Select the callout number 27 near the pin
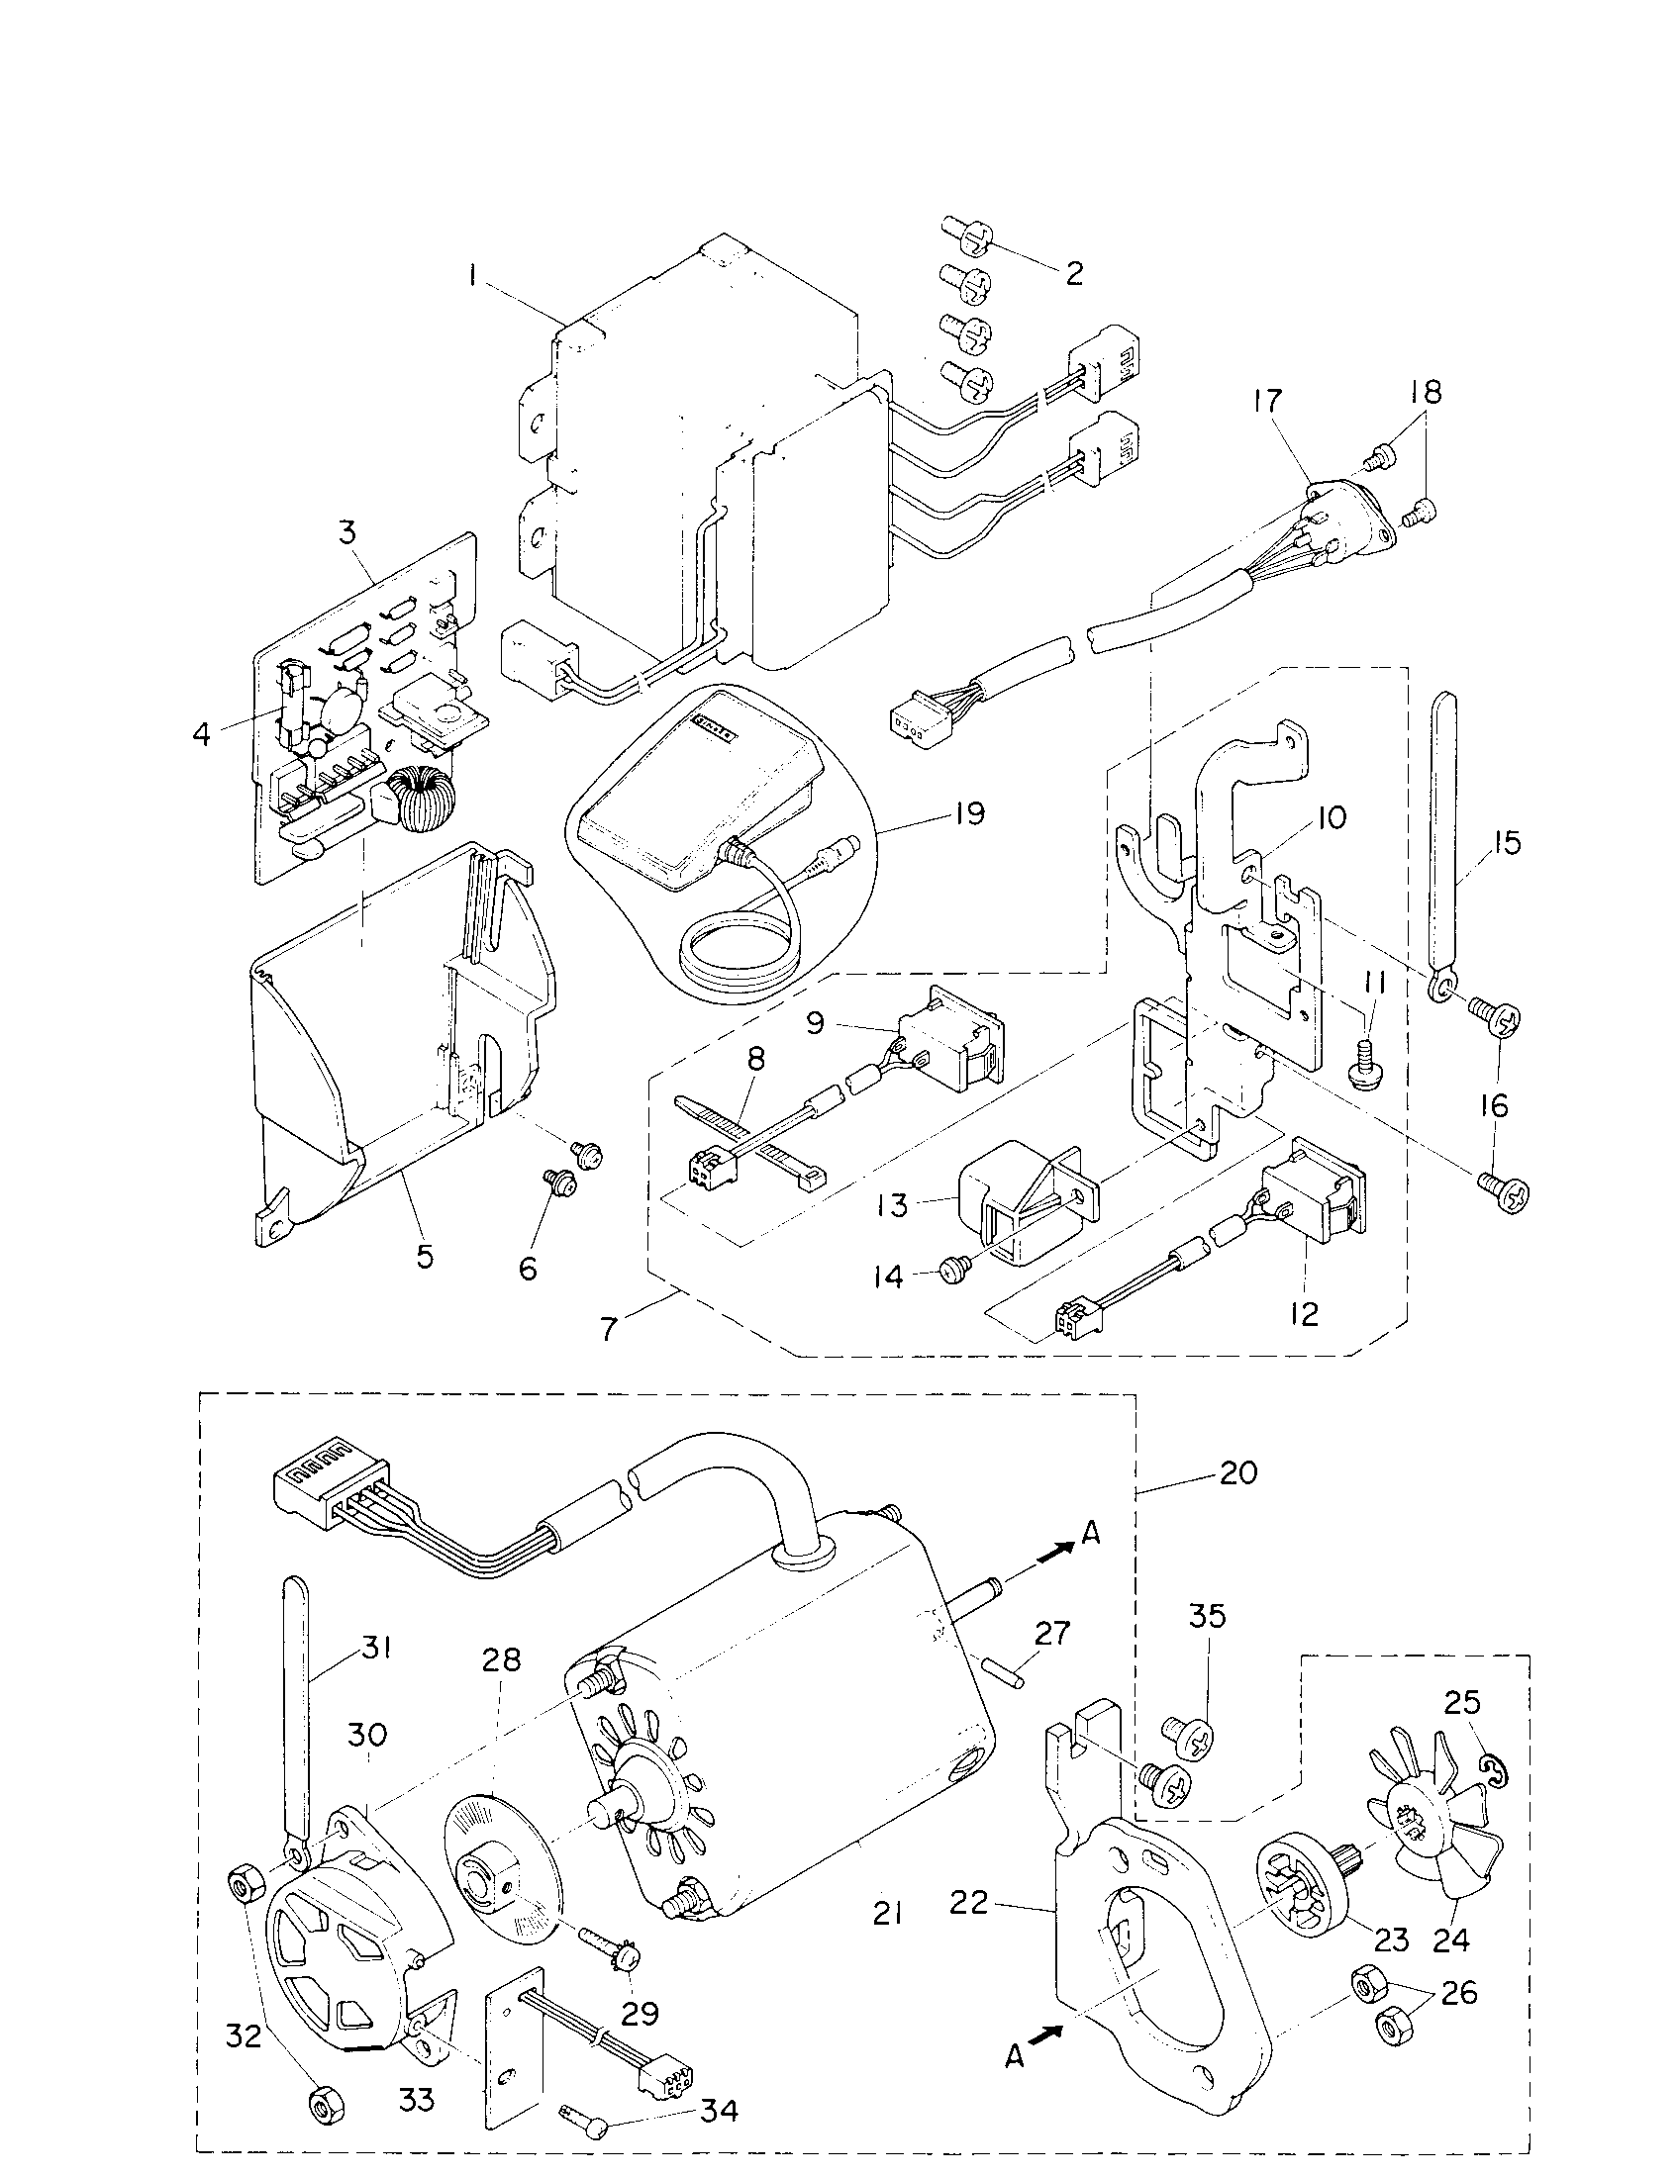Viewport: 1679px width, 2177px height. pyautogui.click(x=1051, y=1633)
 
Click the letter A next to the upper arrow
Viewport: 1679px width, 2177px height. pyautogui.click(x=1091, y=1534)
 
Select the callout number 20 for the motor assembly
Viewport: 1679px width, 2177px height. pyautogui.click(x=1238, y=1471)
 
